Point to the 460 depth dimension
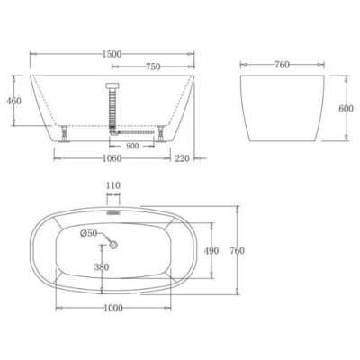click(13, 102)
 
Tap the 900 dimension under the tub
click(132, 145)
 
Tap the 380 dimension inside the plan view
click(104, 266)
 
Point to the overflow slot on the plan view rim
click(113, 212)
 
